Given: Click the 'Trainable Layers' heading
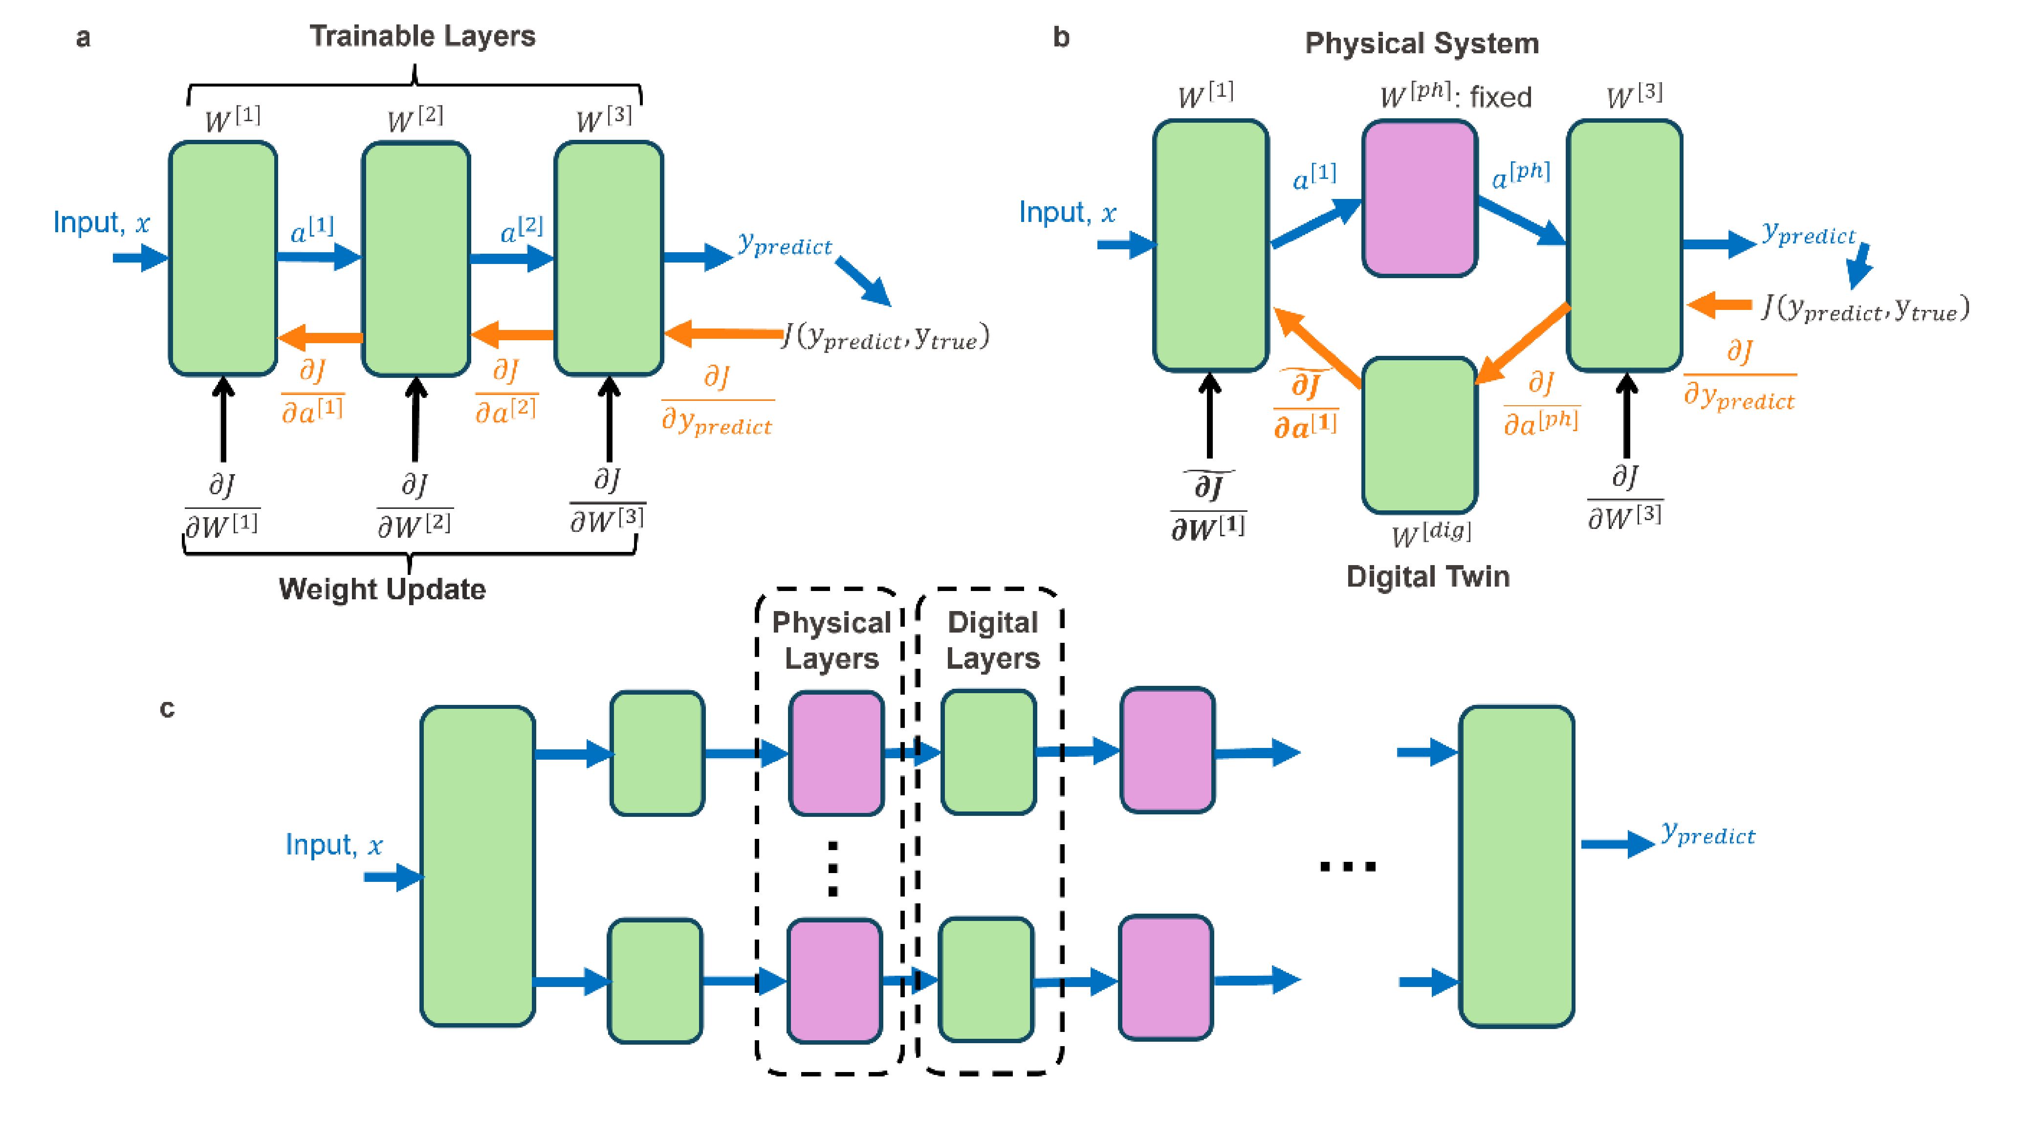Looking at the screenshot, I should (x=422, y=36).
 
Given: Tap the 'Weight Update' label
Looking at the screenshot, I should (x=382, y=589).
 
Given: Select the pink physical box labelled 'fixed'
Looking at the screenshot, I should (x=1420, y=198).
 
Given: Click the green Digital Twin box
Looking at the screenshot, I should (x=1420, y=435).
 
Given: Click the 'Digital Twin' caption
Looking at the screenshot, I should (x=1427, y=577).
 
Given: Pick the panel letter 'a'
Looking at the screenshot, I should (x=83, y=38).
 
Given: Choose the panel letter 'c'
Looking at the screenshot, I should (x=167, y=708).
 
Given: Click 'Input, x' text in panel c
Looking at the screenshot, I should (x=333, y=845).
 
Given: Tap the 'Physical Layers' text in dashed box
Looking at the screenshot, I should (x=831, y=640).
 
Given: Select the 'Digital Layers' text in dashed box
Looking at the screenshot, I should (x=992, y=640).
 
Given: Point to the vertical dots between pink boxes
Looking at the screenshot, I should (x=832, y=869).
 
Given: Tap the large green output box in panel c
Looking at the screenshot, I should (x=1516, y=867).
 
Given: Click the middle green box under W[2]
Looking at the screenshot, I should (x=416, y=258).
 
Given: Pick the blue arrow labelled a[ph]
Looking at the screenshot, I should (x=1521, y=220).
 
